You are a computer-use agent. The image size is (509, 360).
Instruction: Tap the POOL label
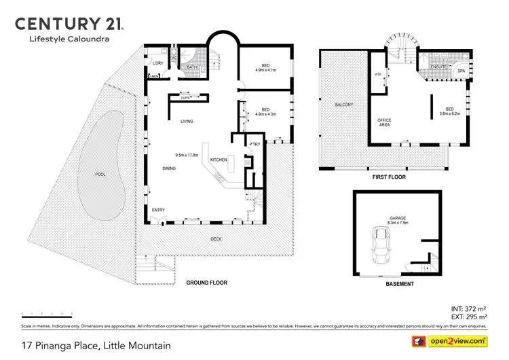pos(100,175)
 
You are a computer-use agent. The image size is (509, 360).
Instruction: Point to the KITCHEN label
pos(219,160)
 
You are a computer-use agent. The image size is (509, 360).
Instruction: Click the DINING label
pos(169,168)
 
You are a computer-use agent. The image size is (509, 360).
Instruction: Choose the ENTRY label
pos(158,210)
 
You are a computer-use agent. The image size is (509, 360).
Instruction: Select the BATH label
pos(192,67)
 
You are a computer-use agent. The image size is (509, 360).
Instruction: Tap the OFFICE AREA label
pos(384,123)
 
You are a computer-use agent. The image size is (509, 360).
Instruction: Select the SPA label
pos(461,71)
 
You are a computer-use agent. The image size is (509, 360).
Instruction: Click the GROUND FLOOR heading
pos(206,283)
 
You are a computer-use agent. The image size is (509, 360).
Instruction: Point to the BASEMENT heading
pos(399,284)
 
